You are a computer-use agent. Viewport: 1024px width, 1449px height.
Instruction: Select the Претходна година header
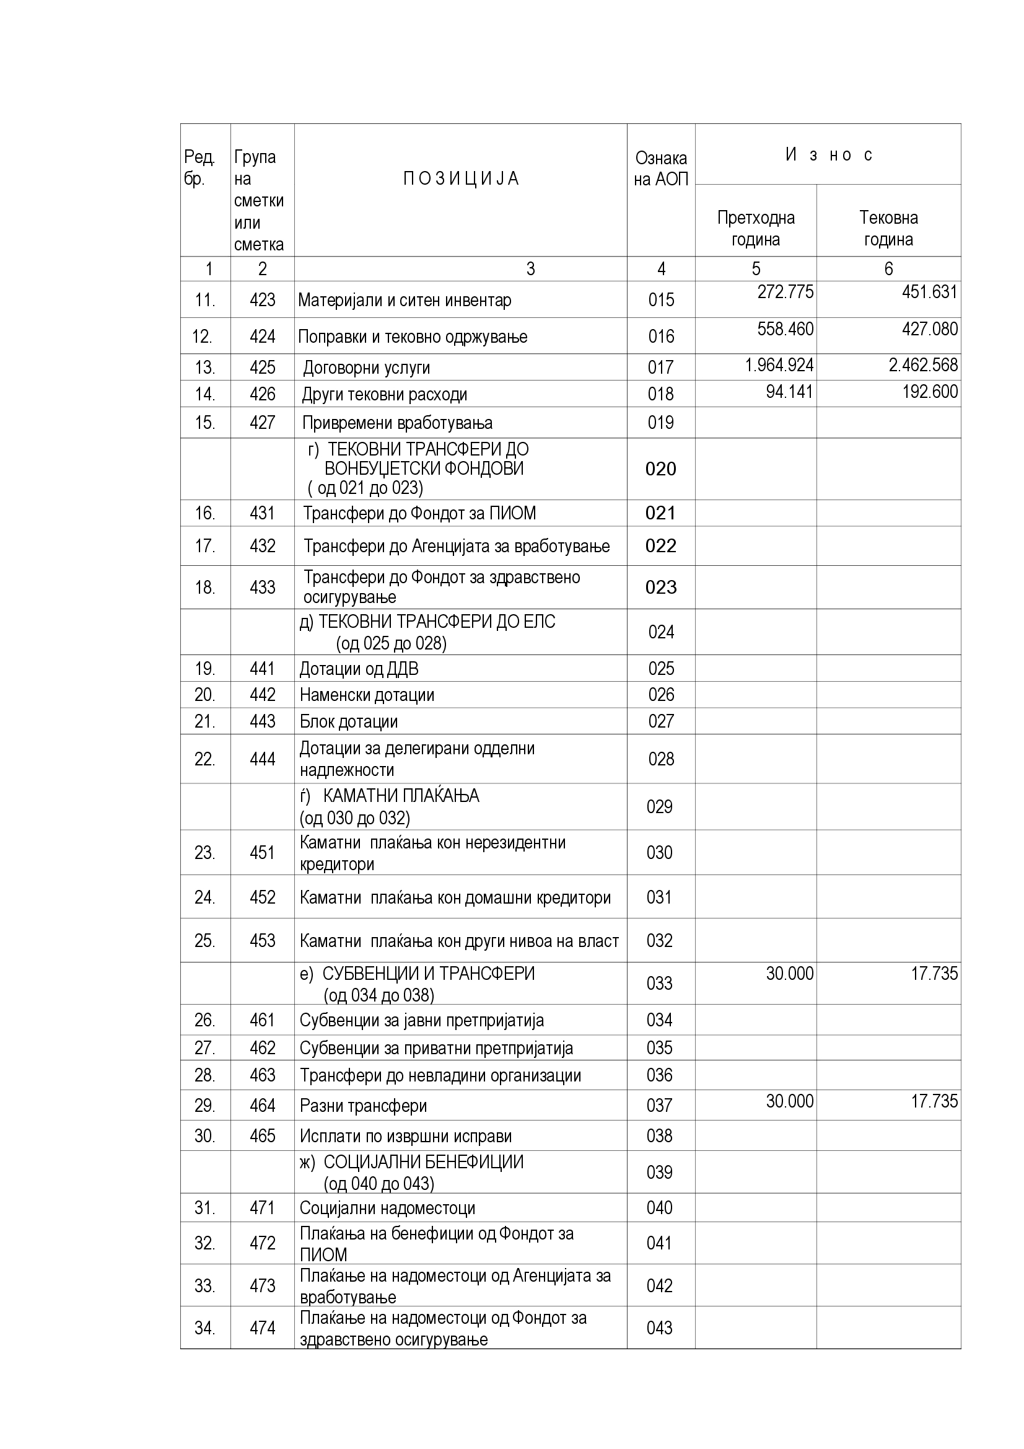tap(756, 229)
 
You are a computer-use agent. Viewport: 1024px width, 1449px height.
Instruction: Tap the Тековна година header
tap(888, 229)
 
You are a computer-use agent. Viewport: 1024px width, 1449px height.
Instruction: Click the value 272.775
tap(785, 292)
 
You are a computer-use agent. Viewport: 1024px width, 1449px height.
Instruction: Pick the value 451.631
tap(929, 292)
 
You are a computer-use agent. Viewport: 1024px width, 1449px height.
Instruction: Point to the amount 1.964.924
tap(779, 366)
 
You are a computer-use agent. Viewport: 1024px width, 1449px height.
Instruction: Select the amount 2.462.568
tap(923, 366)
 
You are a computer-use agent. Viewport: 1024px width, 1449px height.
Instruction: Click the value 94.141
tap(789, 392)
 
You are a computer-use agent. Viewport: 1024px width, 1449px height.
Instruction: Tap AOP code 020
tap(660, 469)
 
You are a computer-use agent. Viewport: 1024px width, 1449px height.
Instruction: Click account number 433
tap(263, 588)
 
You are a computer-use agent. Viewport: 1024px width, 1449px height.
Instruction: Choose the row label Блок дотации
tap(348, 721)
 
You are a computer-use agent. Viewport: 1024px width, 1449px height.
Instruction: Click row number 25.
tap(204, 941)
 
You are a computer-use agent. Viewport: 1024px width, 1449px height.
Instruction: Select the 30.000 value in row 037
tap(789, 1101)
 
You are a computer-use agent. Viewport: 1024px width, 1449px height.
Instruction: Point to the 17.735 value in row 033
tap(934, 973)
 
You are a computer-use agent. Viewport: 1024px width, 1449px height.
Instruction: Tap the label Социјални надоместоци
tap(387, 1208)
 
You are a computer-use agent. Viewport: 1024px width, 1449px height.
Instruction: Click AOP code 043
tap(659, 1328)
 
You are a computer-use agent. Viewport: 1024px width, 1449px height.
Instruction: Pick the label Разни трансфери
tap(363, 1106)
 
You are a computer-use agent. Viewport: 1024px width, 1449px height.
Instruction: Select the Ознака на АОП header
tap(660, 169)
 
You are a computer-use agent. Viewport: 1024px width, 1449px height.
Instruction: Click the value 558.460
tap(785, 329)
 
